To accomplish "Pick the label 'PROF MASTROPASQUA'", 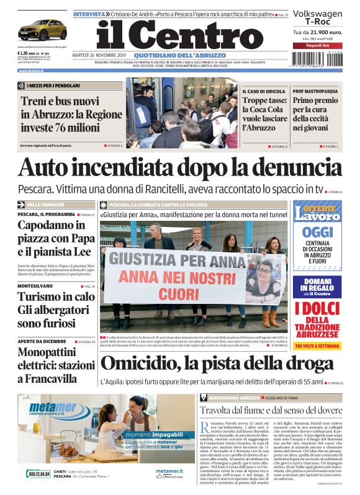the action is pyautogui.click(x=315, y=91).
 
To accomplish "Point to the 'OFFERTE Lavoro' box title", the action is pyautogui.click(x=317, y=212).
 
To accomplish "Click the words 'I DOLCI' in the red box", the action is pyautogui.click(x=317, y=309).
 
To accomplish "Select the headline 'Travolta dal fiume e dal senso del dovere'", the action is pyautogui.click(x=271, y=410).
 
